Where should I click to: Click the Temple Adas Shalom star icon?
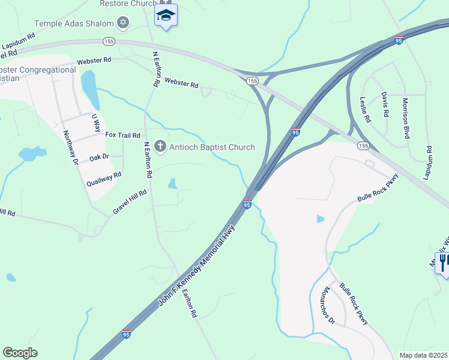(x=123, y=23)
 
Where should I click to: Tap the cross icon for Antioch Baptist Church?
(x=160, y=146)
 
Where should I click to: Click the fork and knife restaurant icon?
(x=444, y=262)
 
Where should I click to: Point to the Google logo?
(x=20, y=353)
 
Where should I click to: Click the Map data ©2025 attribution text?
(x=424, y=355)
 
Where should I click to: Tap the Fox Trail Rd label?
(x=122, y=136)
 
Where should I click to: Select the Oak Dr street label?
(x=99, y=157)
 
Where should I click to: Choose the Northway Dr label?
(x=71, y=148)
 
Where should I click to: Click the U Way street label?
(x=95, y=122)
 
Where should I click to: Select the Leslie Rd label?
(x=366, y=109)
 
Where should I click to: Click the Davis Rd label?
(x=385, y=104)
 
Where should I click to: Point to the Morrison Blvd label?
(x=406, y=118)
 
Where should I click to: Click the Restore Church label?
(x=127, y=3)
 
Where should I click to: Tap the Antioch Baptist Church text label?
(x=212, y=147)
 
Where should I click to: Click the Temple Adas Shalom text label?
(x=74, y=23)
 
